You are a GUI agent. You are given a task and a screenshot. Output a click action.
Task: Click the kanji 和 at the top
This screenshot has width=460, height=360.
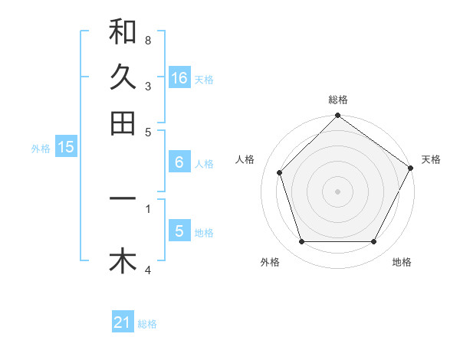[123, 33]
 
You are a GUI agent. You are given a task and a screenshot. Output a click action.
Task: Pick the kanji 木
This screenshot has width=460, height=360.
[123, 261]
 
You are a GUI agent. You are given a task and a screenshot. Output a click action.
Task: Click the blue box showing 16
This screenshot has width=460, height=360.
[179, 77]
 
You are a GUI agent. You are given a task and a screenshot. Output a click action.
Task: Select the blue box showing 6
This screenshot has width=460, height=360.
[179, 162]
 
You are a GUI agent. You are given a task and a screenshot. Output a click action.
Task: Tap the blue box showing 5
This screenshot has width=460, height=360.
[179, 231]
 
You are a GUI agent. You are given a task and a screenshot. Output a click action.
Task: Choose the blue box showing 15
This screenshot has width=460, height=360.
[66, 147]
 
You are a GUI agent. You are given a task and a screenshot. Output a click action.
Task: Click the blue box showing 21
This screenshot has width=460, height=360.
[123, 322]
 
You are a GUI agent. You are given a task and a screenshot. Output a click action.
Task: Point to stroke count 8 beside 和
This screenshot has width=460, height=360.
[147, 40]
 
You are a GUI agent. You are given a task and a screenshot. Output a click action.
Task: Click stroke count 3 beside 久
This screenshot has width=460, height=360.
[147, 86]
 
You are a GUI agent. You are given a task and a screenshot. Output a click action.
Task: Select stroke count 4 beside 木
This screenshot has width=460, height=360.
[147, 270]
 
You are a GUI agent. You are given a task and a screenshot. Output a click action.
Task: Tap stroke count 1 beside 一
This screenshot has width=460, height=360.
[147, 207]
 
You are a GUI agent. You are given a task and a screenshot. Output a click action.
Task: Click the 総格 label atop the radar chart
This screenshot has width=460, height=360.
[337, 100]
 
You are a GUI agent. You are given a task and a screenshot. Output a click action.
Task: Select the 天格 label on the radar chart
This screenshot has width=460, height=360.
[431, 159]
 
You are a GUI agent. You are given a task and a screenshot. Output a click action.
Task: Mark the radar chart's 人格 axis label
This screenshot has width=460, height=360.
[245, 159]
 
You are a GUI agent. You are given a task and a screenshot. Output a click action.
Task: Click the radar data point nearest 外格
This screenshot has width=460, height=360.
[301, 242]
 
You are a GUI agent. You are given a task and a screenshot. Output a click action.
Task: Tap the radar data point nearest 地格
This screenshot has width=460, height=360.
[374, 242]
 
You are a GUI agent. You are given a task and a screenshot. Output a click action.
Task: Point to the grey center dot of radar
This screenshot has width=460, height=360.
[337, 191]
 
